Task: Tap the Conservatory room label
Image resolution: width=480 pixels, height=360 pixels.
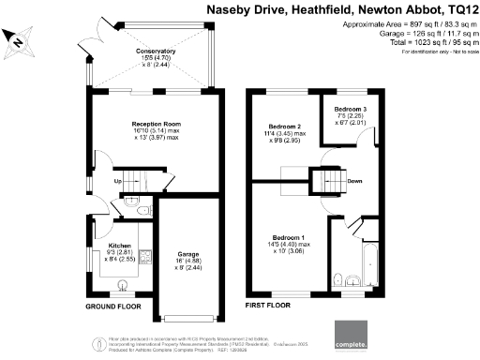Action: [129, 52]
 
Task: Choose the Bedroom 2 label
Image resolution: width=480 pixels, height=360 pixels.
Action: [283, 126]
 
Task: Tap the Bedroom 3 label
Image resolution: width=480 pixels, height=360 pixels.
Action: [350, 110]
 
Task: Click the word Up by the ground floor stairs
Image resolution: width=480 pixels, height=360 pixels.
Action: [118, 180]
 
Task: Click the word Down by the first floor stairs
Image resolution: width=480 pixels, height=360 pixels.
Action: [355, 181]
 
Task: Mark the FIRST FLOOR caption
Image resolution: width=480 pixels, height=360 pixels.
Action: [266, 306]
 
